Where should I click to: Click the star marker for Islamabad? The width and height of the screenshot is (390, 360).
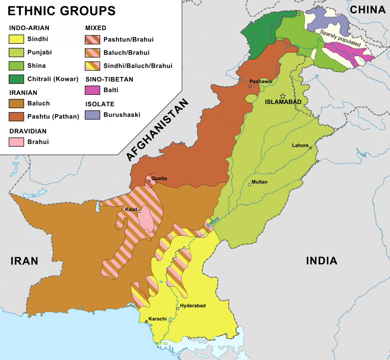point(283,96)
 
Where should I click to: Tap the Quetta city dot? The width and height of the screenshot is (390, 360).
point(149,181)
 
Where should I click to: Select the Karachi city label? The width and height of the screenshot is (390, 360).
point(157,319)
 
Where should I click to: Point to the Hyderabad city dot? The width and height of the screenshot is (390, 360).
point(178,308)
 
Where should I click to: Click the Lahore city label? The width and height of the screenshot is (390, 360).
point(300,145)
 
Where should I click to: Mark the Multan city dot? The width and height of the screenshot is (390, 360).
point(249,185)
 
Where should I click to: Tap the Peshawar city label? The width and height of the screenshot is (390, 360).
point(261,81)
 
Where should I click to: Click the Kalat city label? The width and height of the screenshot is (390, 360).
point(131,209)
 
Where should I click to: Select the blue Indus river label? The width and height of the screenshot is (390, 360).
point(213,222)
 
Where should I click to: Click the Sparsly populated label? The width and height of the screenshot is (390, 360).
point(340,38)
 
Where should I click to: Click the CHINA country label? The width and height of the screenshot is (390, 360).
point(368,10)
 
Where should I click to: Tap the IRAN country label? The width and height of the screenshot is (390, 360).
point(24,261)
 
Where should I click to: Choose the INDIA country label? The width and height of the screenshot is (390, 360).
point(321,261)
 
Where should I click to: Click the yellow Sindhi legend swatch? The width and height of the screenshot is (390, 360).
point(16,39)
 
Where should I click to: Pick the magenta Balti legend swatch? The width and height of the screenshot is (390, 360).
point(92,90)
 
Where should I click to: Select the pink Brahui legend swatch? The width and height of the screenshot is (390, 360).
point(16,142)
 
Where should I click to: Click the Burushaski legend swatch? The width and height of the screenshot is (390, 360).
point(92,115)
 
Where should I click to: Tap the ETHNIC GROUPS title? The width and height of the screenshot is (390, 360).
point(61,11)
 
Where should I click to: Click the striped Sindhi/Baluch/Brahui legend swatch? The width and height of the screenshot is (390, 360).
point(92,66)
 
